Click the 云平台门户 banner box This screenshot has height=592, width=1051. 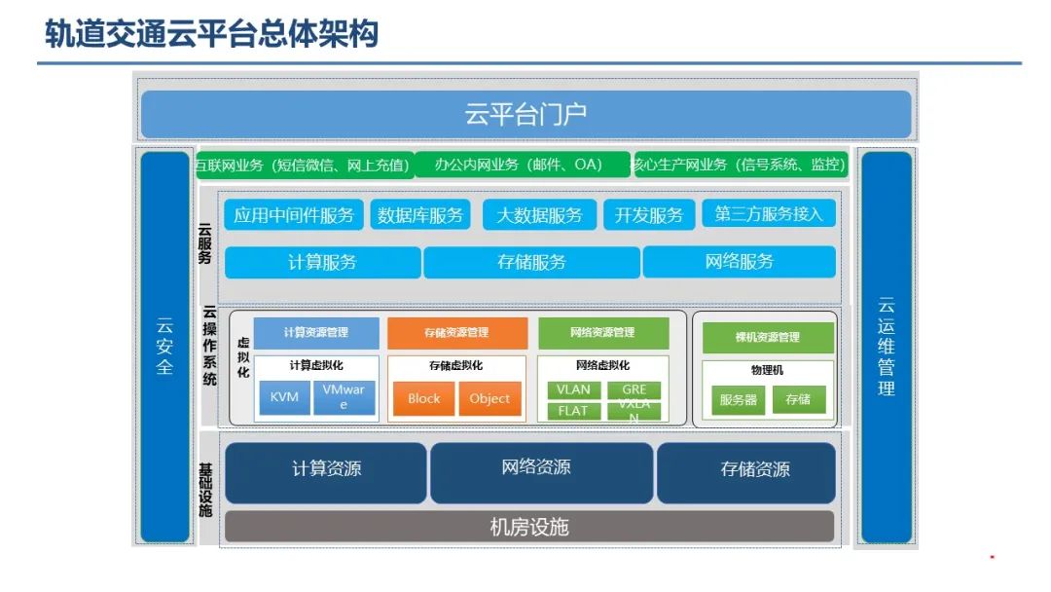(x=525, y=115)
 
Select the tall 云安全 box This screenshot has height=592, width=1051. (x=164, y=347)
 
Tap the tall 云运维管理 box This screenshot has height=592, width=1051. (x=886, y=347)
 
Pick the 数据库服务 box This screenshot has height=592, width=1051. (x=420, y=215)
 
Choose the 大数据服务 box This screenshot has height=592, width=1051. (x=539, y=215)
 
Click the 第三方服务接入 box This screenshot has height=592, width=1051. (x=768, y=214)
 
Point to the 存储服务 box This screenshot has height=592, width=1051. (x=531, y=262)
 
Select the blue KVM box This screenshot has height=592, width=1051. (x=284, y=397)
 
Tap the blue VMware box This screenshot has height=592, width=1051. (x=344, y=397)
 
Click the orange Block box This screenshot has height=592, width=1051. (x=423, y=398)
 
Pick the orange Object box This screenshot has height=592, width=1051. (x=489, y=398)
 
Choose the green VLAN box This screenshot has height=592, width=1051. (x=573, y=389)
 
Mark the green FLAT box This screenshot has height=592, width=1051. (x=573, y=411)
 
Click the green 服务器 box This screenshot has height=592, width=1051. (x=738, y=399)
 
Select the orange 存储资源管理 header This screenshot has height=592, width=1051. (x=456, y=333)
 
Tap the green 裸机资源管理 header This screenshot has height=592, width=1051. (x=768, y=337)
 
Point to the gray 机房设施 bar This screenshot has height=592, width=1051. (x=529, y=527)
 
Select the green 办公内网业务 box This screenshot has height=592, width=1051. (x=520, y=165)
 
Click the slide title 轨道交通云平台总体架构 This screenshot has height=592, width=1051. (x=211, y=34)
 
